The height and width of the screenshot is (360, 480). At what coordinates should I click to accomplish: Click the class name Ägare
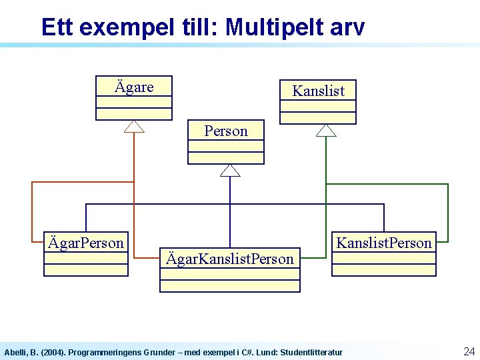coord(134,87)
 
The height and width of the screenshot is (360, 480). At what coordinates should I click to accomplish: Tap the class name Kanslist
coord(318,91)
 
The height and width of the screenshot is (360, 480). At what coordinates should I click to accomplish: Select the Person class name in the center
coord(226,131)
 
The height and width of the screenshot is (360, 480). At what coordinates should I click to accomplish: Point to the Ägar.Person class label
coord(86,243)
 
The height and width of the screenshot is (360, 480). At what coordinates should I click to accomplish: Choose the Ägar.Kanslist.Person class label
coord(230,259)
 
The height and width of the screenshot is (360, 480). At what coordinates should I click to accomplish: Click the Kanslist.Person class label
coord(384,243)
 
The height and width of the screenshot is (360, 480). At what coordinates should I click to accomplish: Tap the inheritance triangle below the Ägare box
coord(134,127)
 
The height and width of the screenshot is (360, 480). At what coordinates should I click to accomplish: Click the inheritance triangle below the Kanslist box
coord(326,130)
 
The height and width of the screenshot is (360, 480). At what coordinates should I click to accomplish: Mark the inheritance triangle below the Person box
coord(230,171)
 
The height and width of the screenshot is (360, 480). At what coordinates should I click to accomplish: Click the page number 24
coord(469,351)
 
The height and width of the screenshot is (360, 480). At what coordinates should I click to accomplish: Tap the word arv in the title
coord(349,27)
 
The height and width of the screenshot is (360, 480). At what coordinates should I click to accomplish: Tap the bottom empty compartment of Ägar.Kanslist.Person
coord(230,286)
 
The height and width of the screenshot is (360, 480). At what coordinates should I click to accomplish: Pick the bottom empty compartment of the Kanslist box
coord(318,118)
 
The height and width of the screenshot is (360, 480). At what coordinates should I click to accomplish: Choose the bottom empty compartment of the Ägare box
coord(134,114)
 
